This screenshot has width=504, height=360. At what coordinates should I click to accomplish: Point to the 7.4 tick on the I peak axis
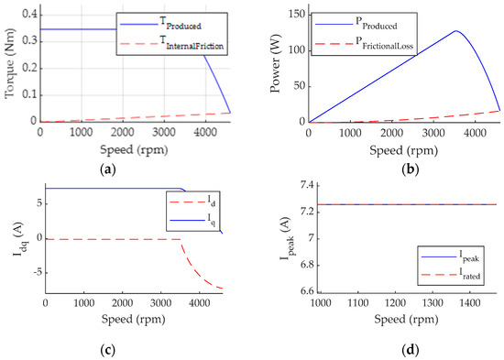pos(293,186)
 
